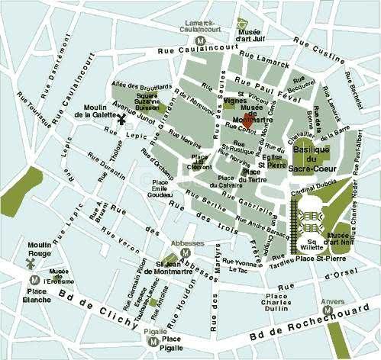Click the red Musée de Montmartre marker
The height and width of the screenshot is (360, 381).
(248, 122)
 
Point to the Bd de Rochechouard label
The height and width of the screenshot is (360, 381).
(283, 333)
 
